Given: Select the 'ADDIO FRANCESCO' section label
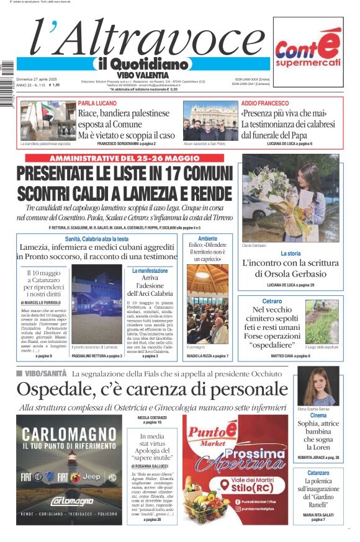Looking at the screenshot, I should tap(264, 104).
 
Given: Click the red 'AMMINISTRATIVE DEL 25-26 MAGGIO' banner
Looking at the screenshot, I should tap(125, 158).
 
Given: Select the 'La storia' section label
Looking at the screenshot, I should tap(290, 254).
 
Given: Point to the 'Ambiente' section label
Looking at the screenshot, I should tap(207, 239).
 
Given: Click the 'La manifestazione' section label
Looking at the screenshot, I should tap(150, 271).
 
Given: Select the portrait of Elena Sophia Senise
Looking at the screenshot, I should tap(317, 387).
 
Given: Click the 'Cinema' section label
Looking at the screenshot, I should tap(318, 415).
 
